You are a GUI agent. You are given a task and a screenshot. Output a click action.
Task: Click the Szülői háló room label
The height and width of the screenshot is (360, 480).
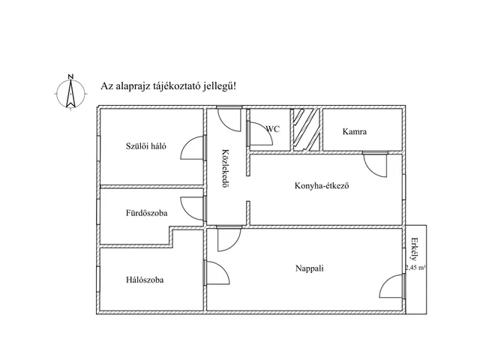(146, 146)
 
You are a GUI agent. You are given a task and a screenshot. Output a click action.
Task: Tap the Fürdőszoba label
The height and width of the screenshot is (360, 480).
(147, 213)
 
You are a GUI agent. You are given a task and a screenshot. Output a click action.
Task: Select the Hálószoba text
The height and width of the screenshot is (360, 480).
(145, 280)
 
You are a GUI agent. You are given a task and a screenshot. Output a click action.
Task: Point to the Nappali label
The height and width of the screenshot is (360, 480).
(310, 268)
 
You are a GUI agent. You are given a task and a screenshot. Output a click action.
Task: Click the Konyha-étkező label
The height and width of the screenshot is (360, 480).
(322, 185)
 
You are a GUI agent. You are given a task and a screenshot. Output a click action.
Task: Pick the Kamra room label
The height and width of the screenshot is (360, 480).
(355, 132)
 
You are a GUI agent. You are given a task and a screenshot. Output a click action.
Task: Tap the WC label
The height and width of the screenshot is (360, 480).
(273, 129)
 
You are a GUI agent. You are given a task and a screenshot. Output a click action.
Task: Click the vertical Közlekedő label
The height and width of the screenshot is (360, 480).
(225, 168)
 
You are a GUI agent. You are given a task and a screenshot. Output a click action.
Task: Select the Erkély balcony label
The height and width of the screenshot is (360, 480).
(415, 248)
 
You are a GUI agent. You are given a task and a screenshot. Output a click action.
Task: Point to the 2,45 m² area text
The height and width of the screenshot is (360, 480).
(415, 267)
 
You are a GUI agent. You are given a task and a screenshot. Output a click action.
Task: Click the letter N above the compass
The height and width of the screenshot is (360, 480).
(70, 76)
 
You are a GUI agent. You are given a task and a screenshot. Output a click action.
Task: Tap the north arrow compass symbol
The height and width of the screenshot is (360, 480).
(70, 93)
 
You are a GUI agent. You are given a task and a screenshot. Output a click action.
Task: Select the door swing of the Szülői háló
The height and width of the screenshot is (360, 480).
(192, 148)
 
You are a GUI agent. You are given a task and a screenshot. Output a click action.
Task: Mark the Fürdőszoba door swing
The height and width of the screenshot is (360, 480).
(192, 208)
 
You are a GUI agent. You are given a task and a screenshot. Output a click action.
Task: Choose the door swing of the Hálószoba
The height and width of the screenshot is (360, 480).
(217, 273)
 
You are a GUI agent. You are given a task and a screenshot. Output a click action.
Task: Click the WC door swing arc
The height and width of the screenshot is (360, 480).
(261, 133)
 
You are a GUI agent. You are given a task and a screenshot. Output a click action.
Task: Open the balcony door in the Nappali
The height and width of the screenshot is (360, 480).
(391, 286)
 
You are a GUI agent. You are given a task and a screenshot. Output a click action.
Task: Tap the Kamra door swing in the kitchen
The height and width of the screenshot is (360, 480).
(375, 165)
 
